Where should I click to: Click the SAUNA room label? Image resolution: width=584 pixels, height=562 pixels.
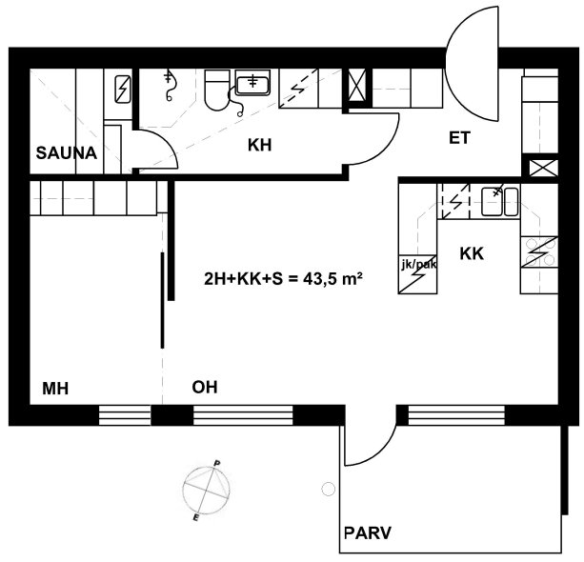[67, 153]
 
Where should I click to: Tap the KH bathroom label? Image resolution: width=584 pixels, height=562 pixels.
[259, 145]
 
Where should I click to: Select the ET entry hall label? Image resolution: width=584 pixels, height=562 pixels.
[459, 138]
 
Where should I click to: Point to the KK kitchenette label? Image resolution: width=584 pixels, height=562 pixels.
[472, 253]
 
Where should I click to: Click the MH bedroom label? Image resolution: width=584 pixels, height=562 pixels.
[55, 389]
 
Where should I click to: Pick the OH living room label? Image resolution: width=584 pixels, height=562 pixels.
[205, 388]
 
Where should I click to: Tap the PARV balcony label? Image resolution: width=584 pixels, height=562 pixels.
[367, 533]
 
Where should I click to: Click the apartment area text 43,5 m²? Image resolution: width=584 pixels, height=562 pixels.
[333, 278]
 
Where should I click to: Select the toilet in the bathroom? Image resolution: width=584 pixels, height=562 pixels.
[217, 90]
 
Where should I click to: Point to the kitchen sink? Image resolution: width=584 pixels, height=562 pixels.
[500, 202]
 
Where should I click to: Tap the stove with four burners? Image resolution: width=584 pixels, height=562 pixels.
[539, 251]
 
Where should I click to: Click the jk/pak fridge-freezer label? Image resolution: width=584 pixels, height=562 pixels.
[418, 265]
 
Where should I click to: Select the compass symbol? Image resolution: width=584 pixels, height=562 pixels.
[207, 490]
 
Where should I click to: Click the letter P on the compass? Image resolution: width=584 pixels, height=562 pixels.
[216, 463]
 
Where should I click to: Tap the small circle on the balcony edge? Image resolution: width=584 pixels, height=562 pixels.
[328, 489]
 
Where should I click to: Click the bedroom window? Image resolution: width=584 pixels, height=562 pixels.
[125, 415]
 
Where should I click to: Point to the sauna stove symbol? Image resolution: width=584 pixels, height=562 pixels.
[123, 89]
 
